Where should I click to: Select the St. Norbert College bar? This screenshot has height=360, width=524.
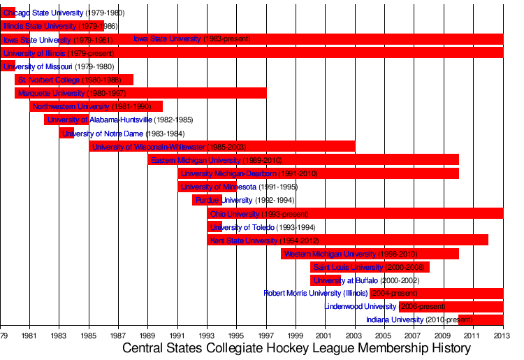(x=73, y=80)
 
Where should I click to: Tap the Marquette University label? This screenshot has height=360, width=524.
(x=51, y=93)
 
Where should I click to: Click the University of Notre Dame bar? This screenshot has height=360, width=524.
(x=66, y=133)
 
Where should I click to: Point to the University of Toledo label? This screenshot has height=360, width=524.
(x=252, y=226)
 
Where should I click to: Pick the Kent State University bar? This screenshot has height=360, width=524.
(x=347, y=240)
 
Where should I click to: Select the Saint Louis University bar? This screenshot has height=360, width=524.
(x=370, y=266)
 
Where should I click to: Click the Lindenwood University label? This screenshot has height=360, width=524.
(x=360, y=306)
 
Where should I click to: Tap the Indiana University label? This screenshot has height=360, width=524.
(x=395, y=319)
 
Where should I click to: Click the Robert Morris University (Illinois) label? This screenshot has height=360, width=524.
(x=315, y=293)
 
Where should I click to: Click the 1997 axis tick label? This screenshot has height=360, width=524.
(x=266, y=335)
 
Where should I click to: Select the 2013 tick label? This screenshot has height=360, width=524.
(x=503, y=335)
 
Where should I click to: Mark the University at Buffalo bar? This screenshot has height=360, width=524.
(x=325, y=280)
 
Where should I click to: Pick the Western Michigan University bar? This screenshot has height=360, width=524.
(x=370, y=253)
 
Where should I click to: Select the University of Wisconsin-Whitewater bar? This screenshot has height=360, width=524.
(x=221, y=146)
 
